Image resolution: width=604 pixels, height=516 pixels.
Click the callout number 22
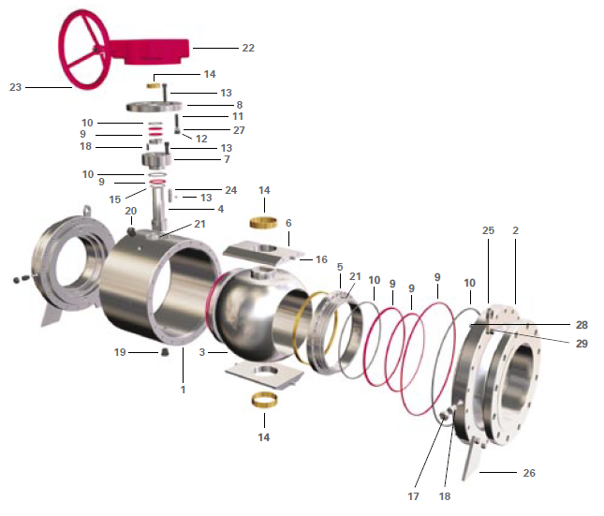point(248,48)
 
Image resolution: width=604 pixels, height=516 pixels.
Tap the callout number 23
point(15,87)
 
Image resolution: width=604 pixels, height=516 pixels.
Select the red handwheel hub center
point(96,50)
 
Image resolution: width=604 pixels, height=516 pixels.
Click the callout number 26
point(529,473)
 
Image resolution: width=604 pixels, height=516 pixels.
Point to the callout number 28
point(582,325)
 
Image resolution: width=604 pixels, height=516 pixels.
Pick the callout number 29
point(582,344)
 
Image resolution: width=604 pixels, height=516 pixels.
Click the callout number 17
point(413,496)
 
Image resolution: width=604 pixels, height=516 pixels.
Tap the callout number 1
point(183,390)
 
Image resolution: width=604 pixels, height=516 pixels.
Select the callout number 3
point(202,352)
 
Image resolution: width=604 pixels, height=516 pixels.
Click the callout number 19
point(120,352)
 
